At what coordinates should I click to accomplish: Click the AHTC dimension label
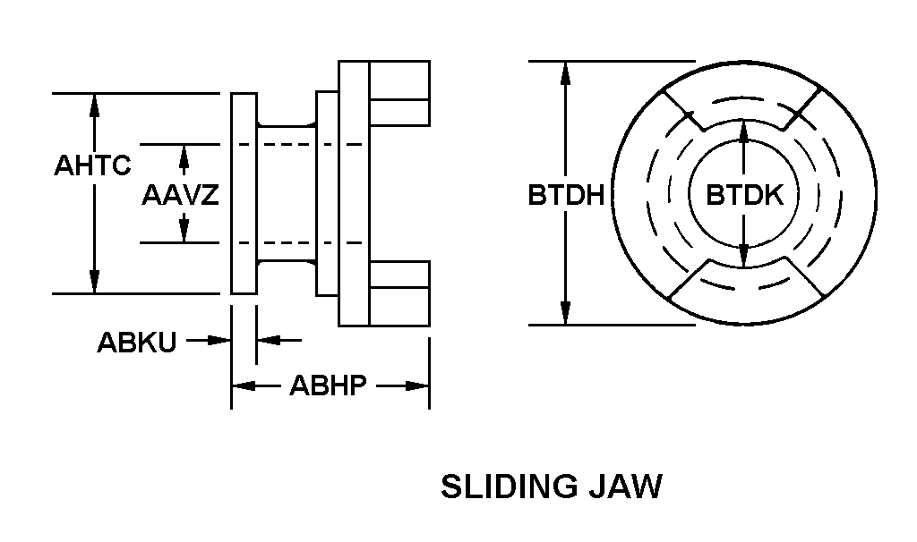(92, 165)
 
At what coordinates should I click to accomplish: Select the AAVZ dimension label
(180, 195)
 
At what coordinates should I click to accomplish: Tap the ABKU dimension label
(136, 343)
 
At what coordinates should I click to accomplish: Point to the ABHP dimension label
(329, 386)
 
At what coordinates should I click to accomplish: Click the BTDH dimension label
(565, 195)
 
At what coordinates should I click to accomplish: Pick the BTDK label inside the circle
(744, 195)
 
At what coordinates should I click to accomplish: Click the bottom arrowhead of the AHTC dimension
(94, 284)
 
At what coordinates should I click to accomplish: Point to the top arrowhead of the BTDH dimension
(565, 72)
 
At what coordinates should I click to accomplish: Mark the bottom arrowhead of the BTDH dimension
(565, 314)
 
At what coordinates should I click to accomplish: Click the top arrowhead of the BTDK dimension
(744, 131)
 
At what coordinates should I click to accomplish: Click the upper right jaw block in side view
(399, 93)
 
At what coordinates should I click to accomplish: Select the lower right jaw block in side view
(399, 294)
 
